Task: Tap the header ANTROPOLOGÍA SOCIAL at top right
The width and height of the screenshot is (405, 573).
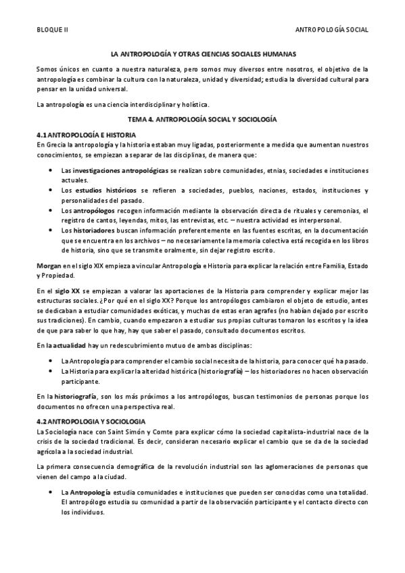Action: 333,30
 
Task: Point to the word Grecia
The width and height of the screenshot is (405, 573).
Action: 54,145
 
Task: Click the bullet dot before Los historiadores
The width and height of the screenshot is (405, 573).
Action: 52,230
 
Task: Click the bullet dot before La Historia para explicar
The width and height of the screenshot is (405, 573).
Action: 52,371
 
